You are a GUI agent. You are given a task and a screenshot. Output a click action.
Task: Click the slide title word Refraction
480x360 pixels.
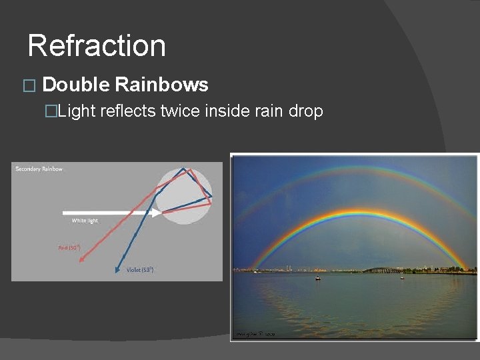97,46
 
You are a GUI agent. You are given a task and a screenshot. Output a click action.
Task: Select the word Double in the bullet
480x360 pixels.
75,85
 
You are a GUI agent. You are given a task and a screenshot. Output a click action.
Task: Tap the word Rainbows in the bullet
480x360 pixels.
161,85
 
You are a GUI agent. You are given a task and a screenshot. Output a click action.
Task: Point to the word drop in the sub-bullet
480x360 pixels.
305,111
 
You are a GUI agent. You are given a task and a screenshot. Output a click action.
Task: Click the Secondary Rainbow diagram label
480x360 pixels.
39,169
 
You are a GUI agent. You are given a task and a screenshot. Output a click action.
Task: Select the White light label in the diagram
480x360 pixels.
85,221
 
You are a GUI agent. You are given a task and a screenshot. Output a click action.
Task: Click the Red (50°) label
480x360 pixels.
69,247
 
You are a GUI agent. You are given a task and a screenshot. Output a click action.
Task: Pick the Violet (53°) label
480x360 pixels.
140,270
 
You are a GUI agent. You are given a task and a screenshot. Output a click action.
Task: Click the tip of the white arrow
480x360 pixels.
160,213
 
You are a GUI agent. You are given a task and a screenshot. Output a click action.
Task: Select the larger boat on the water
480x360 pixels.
318,277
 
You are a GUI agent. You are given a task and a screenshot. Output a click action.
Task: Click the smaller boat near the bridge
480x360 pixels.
402,277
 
